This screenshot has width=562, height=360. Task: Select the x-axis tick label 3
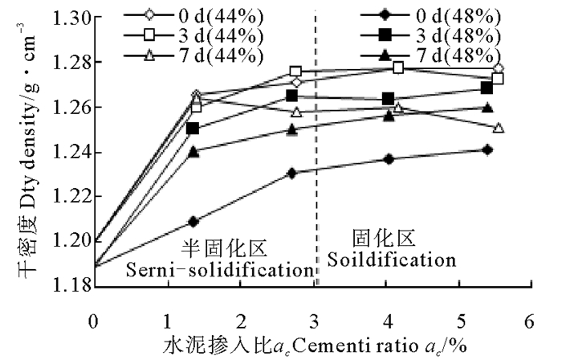point(314,321)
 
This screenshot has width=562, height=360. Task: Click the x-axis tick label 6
point(529,321)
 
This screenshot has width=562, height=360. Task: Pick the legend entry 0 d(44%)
point(193,16)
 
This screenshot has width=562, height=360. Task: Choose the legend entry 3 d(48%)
point(430,35)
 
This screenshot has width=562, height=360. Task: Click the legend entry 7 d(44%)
point(193,55)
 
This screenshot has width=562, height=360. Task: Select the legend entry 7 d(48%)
point(430,55)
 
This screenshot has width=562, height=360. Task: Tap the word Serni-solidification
point(219,269)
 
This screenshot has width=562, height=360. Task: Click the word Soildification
point(392,260)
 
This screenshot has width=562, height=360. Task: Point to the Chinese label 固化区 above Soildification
point(383,238)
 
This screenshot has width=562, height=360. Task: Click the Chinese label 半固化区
point(224,248)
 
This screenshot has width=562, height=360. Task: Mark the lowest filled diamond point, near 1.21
point(193,222)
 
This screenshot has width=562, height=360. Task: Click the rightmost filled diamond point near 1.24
point(487,149)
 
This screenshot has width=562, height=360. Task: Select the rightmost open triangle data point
point(499,127)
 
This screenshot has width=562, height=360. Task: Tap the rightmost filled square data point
point(487,88)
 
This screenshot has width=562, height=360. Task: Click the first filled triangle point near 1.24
point(193,152)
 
